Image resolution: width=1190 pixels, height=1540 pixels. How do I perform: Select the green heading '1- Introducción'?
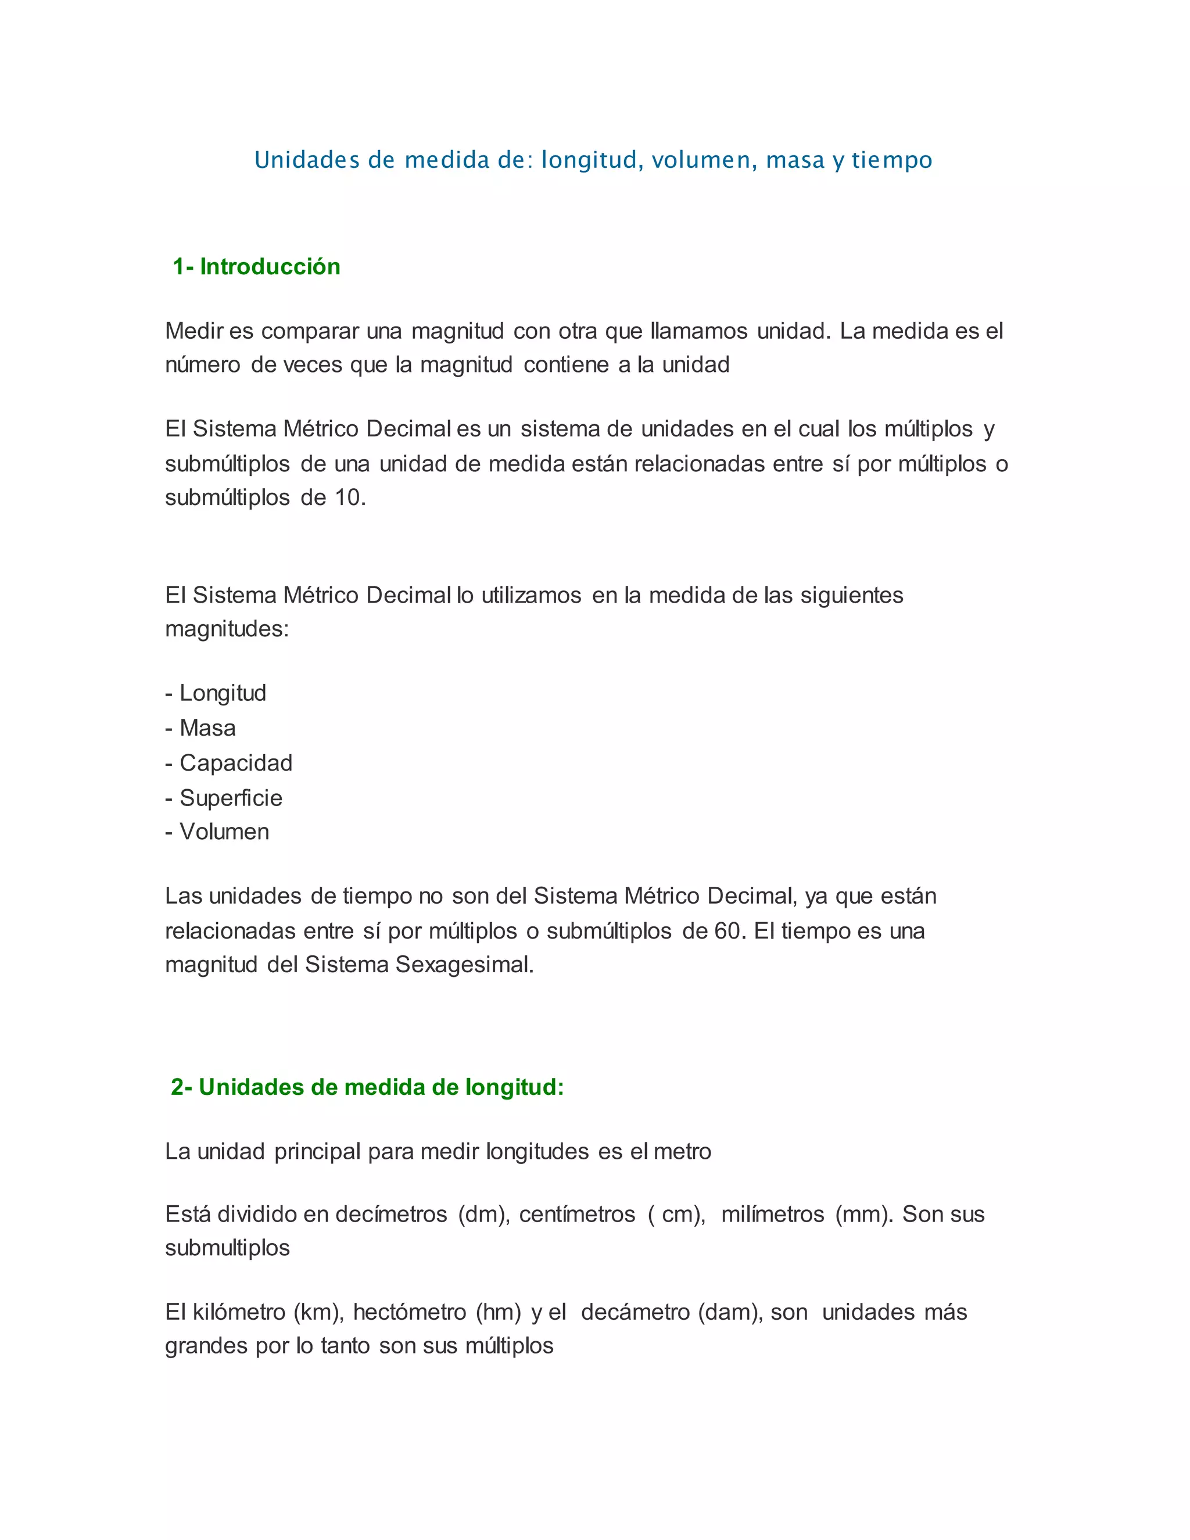tap(257, 267)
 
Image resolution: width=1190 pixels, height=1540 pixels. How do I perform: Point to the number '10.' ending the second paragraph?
tap(350, 498)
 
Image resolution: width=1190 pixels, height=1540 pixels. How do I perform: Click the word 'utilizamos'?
tap(532, 595)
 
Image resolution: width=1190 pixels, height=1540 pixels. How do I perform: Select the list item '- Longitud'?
tap(216, 693)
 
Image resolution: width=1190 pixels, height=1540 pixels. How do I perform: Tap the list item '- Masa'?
tap(200, 728)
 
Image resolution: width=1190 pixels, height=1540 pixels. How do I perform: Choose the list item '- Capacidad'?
tap(228, 763)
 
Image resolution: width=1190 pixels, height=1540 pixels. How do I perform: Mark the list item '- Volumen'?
tap(217, 832)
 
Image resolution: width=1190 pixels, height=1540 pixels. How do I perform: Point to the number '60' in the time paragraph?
tap(727, 931)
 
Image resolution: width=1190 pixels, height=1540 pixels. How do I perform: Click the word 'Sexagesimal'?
tap(463, 965)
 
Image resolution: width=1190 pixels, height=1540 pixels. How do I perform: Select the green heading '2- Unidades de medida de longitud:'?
tap(367, 1087)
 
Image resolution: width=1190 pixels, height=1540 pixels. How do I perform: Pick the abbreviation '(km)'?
tap(317, 1312)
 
